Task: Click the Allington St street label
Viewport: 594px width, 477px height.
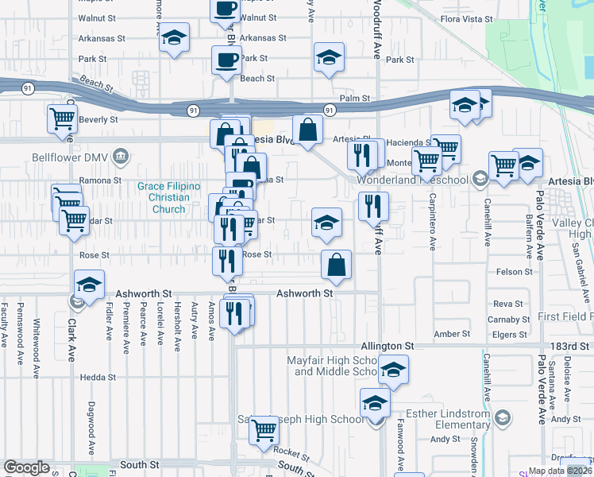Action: point(388,347)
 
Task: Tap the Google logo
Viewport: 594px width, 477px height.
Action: point(26,467)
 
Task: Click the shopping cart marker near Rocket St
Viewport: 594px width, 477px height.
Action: point(264,431)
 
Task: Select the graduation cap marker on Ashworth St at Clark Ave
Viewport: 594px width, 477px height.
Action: point(90,285)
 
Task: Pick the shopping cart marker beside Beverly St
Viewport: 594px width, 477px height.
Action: point(62,119)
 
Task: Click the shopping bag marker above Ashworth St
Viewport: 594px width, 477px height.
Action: point(337,265)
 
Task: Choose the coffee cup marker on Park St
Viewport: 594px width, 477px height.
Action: point(226,60)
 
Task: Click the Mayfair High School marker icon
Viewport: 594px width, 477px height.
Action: point(392,370)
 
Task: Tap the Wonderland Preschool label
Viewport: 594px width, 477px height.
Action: point(412,180)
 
